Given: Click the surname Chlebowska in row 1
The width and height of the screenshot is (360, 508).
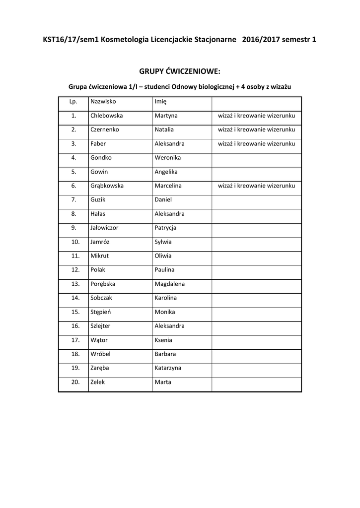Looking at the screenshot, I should pyautogui.click(x=106, y=116).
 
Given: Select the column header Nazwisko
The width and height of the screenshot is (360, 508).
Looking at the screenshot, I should pyautogui.click(x=103, y=101).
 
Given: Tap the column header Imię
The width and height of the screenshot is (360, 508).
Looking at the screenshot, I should pyautogui.click(x=161, y=101).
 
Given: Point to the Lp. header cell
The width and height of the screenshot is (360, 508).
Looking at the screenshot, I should pyautogui.click(x=73, y=101).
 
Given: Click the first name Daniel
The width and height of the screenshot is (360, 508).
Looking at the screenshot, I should pyautogui.click(x=163, y=199).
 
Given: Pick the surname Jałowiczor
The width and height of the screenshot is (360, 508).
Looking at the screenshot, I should pyautogui.click(x=104, y=228).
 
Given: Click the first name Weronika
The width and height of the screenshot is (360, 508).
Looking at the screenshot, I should pyautogui.click(x=168, y=158).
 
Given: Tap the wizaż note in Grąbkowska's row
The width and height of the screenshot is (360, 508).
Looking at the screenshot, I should pyautogui.click(x=257, y=186).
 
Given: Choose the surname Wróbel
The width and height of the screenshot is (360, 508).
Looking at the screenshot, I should pyautogui.click(x=101, y=354).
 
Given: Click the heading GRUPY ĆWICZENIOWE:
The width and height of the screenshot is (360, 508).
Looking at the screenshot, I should pyautogui.click(x=179, y=72).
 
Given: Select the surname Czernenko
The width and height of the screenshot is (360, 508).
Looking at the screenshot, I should pyautogui.click(x=105, y=129).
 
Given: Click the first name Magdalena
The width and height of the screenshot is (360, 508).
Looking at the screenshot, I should pyautogui.click(x=170, y=284).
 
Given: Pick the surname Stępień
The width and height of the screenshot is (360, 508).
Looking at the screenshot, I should pyautogui.click(x=100, y=312).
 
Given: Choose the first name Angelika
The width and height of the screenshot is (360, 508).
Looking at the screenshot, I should pyautogui.click(x=166, y=172).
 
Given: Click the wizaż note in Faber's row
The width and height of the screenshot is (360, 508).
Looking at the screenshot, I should pyautogui.click(x=257, y=143).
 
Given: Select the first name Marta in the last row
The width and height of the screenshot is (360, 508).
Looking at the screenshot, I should pyautogui.click(x=163, y=382).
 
